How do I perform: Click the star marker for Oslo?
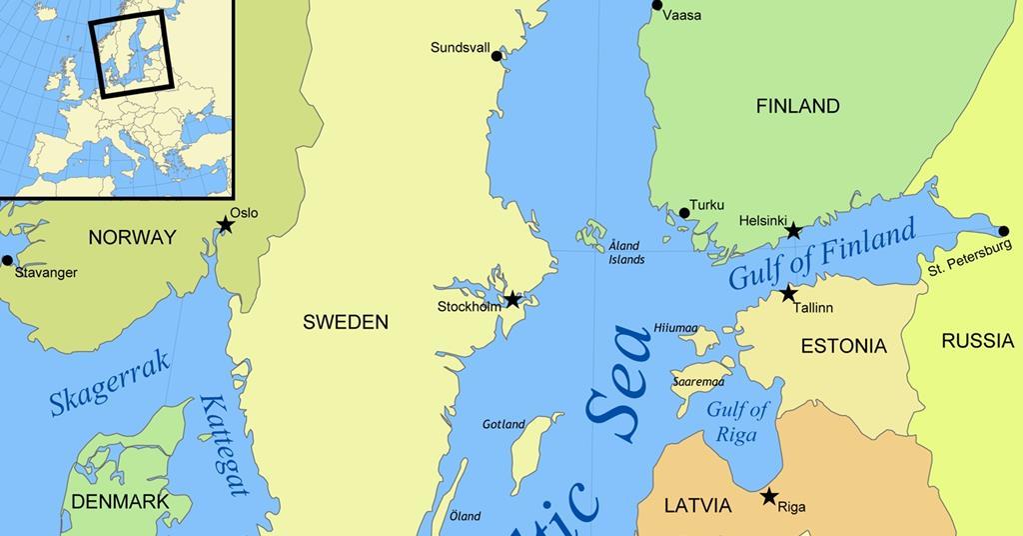tap(226, 226)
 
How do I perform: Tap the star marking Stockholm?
tap(512, 300)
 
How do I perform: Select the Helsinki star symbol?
tap(793, 231)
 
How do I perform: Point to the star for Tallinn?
tap(788, 293)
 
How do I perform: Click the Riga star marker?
tap(769, 496)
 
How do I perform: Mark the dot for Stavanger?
tap(8, 260)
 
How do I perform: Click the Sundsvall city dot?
tap(497, 56)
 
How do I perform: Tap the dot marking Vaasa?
tap(657, 5)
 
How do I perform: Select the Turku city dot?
tap(684, 212)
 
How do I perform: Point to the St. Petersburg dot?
tap(1004, 231)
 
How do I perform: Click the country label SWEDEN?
tap(345, 322)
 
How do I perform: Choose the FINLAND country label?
tap(797, 106)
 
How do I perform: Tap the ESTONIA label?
tap(843, 346)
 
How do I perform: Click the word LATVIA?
tap(698, 506)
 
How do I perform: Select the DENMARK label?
tap(119, 501)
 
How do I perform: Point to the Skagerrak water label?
tap(110, 385)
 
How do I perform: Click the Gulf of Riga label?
tap(737, 422)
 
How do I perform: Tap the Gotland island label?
tap(504, 424)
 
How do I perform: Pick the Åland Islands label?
tap(626, 252)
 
